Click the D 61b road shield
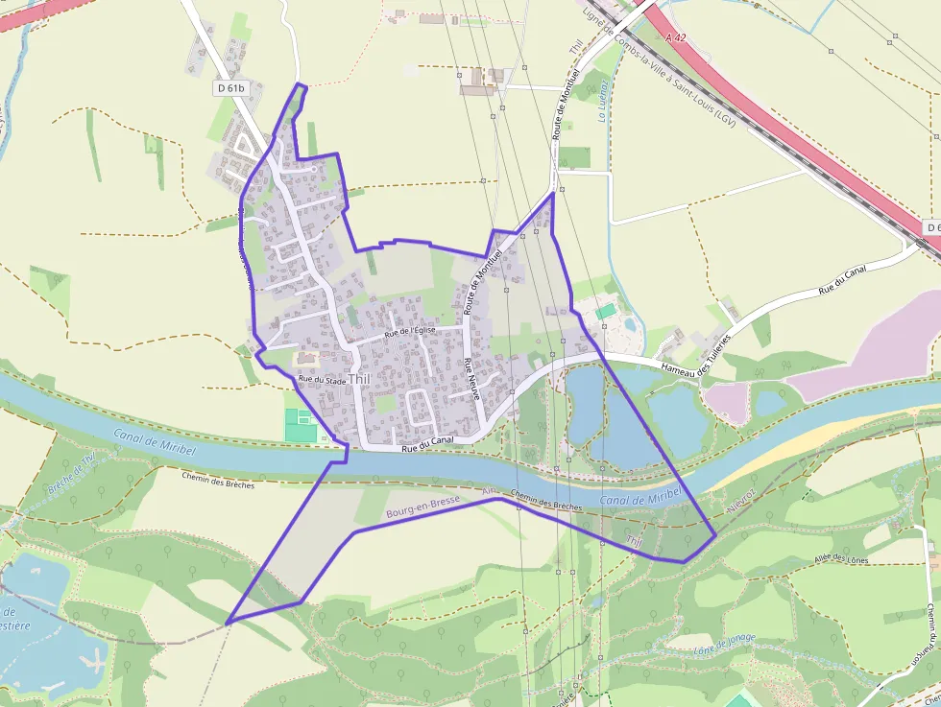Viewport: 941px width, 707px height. pos(230,88)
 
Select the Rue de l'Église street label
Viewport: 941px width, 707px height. pos(410,332)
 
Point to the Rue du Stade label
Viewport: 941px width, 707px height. pos(322,381)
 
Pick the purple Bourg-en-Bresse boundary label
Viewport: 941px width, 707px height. pos(422,507)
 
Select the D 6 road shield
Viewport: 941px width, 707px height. pos(931,227)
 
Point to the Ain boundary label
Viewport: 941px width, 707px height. pos(490,491)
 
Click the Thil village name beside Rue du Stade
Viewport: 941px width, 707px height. pos(359,379)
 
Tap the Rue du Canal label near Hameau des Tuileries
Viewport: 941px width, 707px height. pos(842,278)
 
